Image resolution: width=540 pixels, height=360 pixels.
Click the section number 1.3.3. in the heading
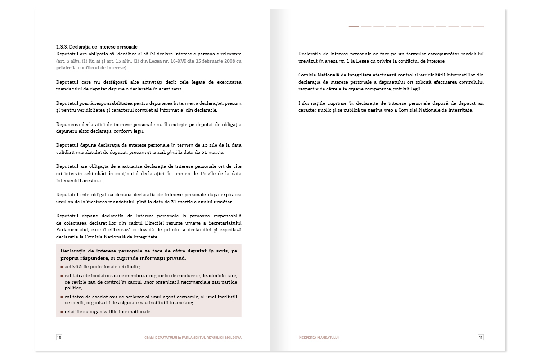tap(62, 47)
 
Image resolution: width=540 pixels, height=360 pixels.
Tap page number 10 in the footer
tap(59, 337)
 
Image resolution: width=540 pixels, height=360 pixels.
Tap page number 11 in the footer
tap(481, 337)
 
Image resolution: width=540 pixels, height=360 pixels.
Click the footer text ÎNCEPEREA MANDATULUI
tap(318, 337)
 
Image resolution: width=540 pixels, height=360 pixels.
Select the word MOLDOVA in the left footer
tap(232, 337)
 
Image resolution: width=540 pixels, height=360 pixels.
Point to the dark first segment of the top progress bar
tap(354, 27)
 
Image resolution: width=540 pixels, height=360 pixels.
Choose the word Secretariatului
tap(223, 222)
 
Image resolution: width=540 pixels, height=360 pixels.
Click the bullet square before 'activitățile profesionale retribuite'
tap(61, 267)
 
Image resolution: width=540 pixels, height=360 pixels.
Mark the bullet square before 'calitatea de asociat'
tap(61, 297)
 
